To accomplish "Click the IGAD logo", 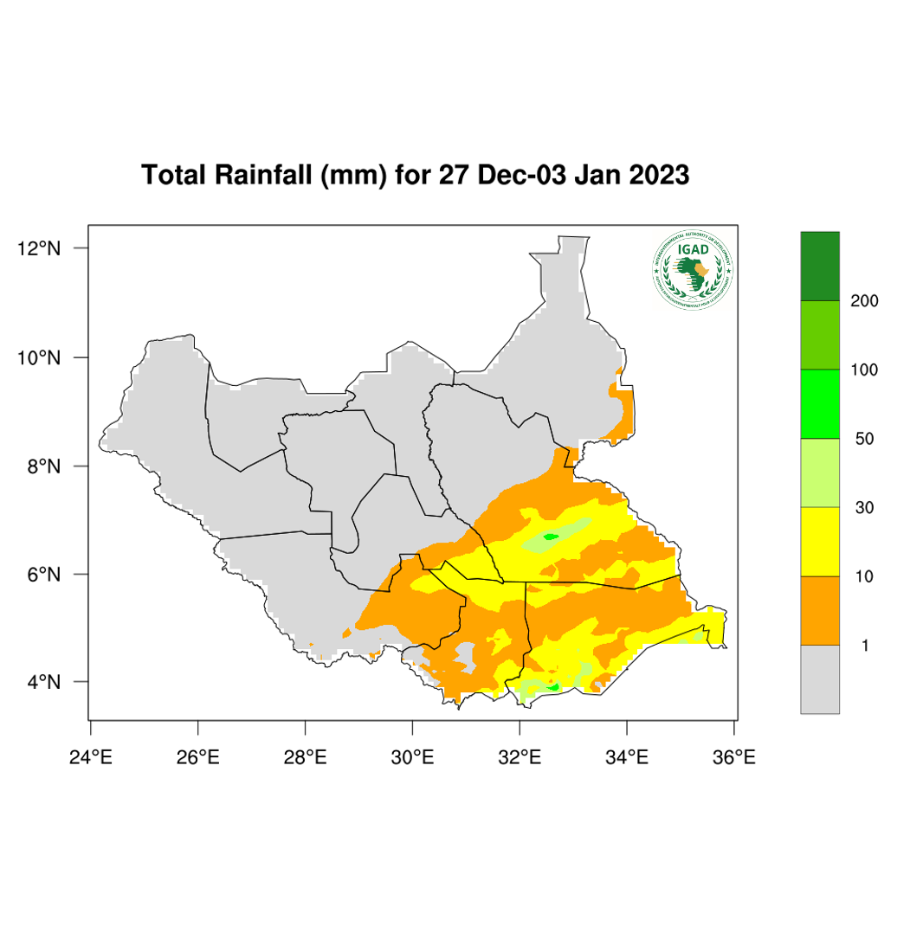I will point(693,271).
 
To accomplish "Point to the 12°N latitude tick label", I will point(40,248).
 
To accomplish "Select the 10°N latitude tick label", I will point(40,357).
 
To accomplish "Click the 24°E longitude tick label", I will point(90,758).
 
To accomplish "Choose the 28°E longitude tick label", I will point(305,758).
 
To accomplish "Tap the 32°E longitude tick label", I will point(520,758).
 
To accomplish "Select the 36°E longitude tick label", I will point(734,758).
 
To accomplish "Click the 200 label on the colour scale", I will point(864,301).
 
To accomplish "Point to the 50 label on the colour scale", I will point(864,439).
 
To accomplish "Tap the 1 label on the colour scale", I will point(864,646).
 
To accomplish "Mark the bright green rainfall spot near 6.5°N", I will point(550,537).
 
